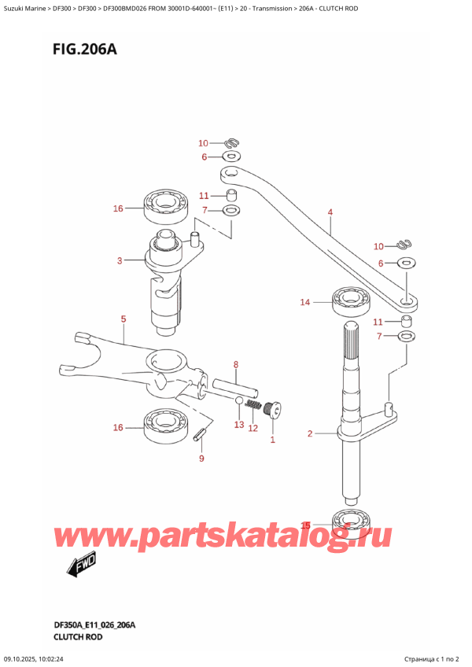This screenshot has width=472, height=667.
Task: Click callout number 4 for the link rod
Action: pyautogui.click(x=330, y=212)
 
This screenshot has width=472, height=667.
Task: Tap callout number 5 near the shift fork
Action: pyautogui.click(x=123, y=319)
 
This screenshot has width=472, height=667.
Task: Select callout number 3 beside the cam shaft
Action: pyautogui.click(x=119, y=260)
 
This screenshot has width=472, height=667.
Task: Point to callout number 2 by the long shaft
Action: pyautogui.click(x=310, y=433)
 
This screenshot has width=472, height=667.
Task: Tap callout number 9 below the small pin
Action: pyautogui.click(x=201, y=458)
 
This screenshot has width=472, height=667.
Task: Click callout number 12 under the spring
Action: pyautogui.click(x=253, y=428)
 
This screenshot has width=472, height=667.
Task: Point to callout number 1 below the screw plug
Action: pyautogui.click(x=273, y=439)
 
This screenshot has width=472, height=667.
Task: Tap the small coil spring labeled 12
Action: pyautogui.click(x=253, y=405)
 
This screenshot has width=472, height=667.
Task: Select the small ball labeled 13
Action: pyautogui.click(x=238, y=402)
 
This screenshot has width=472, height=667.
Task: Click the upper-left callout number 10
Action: pyautogui.click(x=203, y=143)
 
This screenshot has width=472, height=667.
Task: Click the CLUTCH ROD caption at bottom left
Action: pyautogui.click(x=68, y=636)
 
